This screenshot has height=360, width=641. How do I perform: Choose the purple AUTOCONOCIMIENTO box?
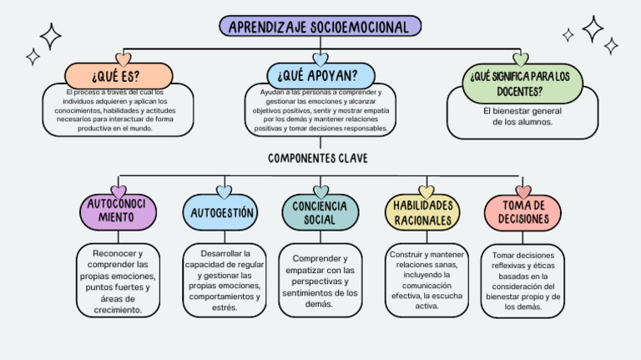click(118, 211)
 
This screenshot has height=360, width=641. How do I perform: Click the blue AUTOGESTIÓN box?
click(221, 213)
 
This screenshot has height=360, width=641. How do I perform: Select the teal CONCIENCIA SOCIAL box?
click(320, 213)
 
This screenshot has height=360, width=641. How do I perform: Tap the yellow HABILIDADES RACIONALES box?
click(423, 213)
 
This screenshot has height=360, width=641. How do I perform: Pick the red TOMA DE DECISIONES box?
click(522, 213)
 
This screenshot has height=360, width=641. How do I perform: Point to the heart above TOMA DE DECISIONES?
click(523, 192)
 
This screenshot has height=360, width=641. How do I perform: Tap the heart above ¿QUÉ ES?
click(124, 59)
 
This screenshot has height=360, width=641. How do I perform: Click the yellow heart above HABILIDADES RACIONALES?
click(426, 192)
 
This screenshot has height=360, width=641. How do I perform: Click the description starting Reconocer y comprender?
click(117, 281)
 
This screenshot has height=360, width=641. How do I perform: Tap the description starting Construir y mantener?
click(426, 280)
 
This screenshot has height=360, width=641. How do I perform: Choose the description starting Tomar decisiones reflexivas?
click(522, 281)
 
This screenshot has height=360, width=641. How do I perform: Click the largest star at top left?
click(50, 36)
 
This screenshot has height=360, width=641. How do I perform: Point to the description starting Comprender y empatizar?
click(320, 281)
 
